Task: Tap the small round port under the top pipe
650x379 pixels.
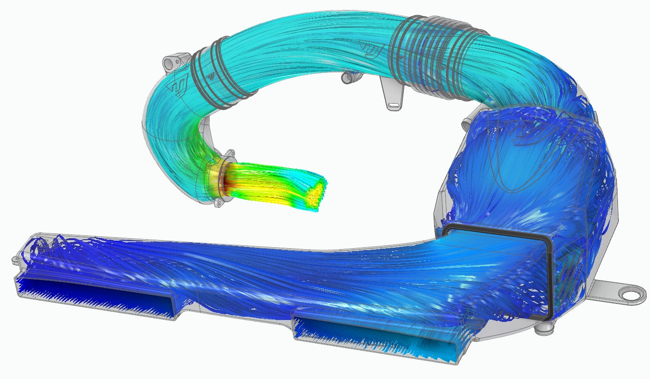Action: click(349, 76)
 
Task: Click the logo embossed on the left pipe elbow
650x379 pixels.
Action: click(180, 86)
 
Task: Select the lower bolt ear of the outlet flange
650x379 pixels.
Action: click(219, 203)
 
